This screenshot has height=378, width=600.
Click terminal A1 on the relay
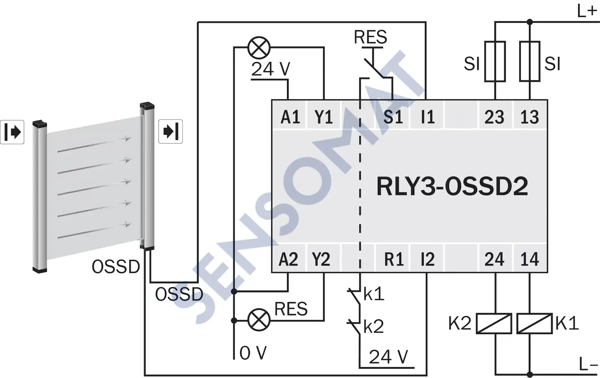click(290, 117)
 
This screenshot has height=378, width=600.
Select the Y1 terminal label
click(323, 117)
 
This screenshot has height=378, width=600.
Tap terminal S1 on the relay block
click(393, 117)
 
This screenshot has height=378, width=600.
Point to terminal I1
click(427, 117)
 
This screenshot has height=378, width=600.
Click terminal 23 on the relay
click(494, 117)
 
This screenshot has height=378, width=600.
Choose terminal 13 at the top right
click(529, 117)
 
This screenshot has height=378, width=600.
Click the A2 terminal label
click(288, 259)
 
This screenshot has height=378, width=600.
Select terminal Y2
click(321, 259)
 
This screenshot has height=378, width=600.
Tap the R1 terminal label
click(394, 259)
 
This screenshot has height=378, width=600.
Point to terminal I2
click(427, 259)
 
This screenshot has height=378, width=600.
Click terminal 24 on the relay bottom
click(494, 259)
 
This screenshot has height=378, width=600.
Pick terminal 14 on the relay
click(529, 259)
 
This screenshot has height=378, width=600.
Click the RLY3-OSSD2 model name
click(452, 186)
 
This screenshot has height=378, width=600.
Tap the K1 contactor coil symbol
click(534, 324)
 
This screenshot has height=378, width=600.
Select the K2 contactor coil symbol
click(494, 324)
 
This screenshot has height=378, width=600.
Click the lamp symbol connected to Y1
click(259, 48)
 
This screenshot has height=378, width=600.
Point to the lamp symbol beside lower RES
click(259, 320)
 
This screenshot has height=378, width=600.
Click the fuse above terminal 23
click(495, 61)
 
